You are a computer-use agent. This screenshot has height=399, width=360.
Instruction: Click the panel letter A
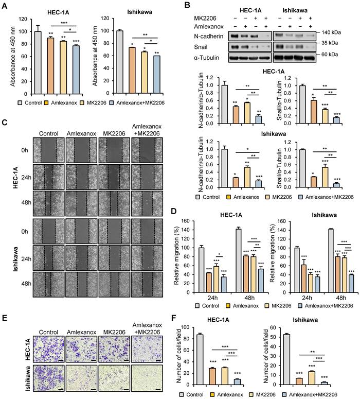5,6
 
